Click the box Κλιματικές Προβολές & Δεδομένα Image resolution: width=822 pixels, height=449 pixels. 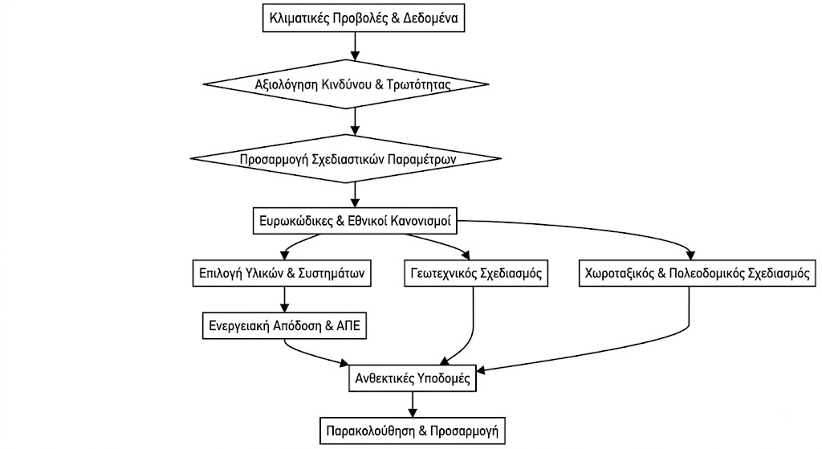tap(364, 18)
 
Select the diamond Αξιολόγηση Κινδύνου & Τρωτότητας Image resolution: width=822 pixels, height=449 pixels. tap(346, 84)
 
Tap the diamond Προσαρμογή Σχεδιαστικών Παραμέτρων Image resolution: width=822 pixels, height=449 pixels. tap(346, 158)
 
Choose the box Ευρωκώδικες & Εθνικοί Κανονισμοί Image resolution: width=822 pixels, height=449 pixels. tap(355, 221)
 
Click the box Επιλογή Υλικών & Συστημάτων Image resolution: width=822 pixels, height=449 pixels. tap(282, 273)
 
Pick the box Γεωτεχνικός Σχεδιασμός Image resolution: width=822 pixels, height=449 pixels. tap(476, 273)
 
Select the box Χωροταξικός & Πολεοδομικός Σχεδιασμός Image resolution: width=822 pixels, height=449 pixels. tap(698, 273)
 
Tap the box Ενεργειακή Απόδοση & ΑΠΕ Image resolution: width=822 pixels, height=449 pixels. tap(285, 326)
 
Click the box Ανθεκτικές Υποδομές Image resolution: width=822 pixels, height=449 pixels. tap(413, 378)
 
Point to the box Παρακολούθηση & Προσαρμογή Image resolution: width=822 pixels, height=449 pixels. tap(413, 431)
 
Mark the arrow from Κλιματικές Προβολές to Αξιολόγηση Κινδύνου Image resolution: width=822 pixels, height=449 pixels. tap(355, 46)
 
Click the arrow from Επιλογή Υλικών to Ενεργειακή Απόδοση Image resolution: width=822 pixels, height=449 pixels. tap(285, 300)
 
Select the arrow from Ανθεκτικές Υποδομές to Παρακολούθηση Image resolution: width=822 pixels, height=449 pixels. tap(413, 404)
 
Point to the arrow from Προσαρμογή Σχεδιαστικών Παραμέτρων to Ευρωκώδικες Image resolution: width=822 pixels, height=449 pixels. tap(355, 195)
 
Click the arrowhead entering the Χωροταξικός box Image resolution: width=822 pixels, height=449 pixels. tap(690, 255)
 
